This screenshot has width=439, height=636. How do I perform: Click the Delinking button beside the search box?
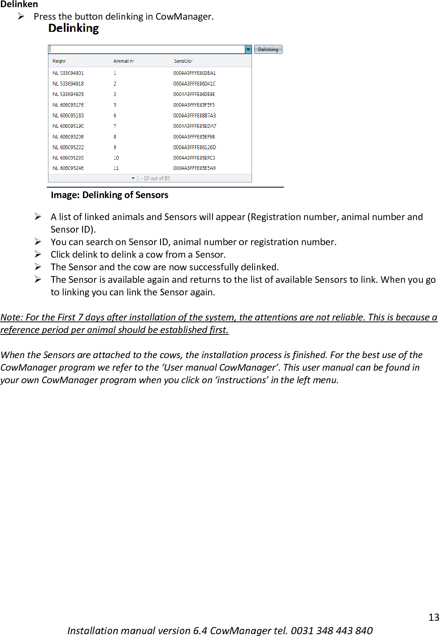pos(268,49)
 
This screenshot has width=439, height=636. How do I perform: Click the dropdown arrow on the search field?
pos(248,49)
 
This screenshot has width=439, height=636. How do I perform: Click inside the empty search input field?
pos(146,49)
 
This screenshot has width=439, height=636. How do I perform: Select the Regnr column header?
pos(59,61)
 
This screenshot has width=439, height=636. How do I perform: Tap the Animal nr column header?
pos(123,61)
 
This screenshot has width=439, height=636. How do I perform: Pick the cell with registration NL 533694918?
pos(68,84)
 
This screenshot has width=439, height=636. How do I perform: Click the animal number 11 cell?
pos(116,168)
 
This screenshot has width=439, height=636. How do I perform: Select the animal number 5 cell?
pos(115,105)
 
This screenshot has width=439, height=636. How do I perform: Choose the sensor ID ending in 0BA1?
pos(194,73)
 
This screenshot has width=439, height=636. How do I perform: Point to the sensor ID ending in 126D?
pos(194,147)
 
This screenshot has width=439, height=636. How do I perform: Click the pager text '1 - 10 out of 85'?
pos(153,178)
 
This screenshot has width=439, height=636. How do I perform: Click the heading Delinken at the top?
pos(19,4)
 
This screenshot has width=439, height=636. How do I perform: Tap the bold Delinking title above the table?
pos(74,28)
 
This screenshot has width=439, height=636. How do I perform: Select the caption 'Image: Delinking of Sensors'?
pos(109,195)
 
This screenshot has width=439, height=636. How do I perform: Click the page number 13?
pos(433,617)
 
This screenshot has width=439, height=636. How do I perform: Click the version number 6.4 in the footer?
pos(200,631)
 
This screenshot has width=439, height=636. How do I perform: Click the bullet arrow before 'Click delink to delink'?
pos(38,254)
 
